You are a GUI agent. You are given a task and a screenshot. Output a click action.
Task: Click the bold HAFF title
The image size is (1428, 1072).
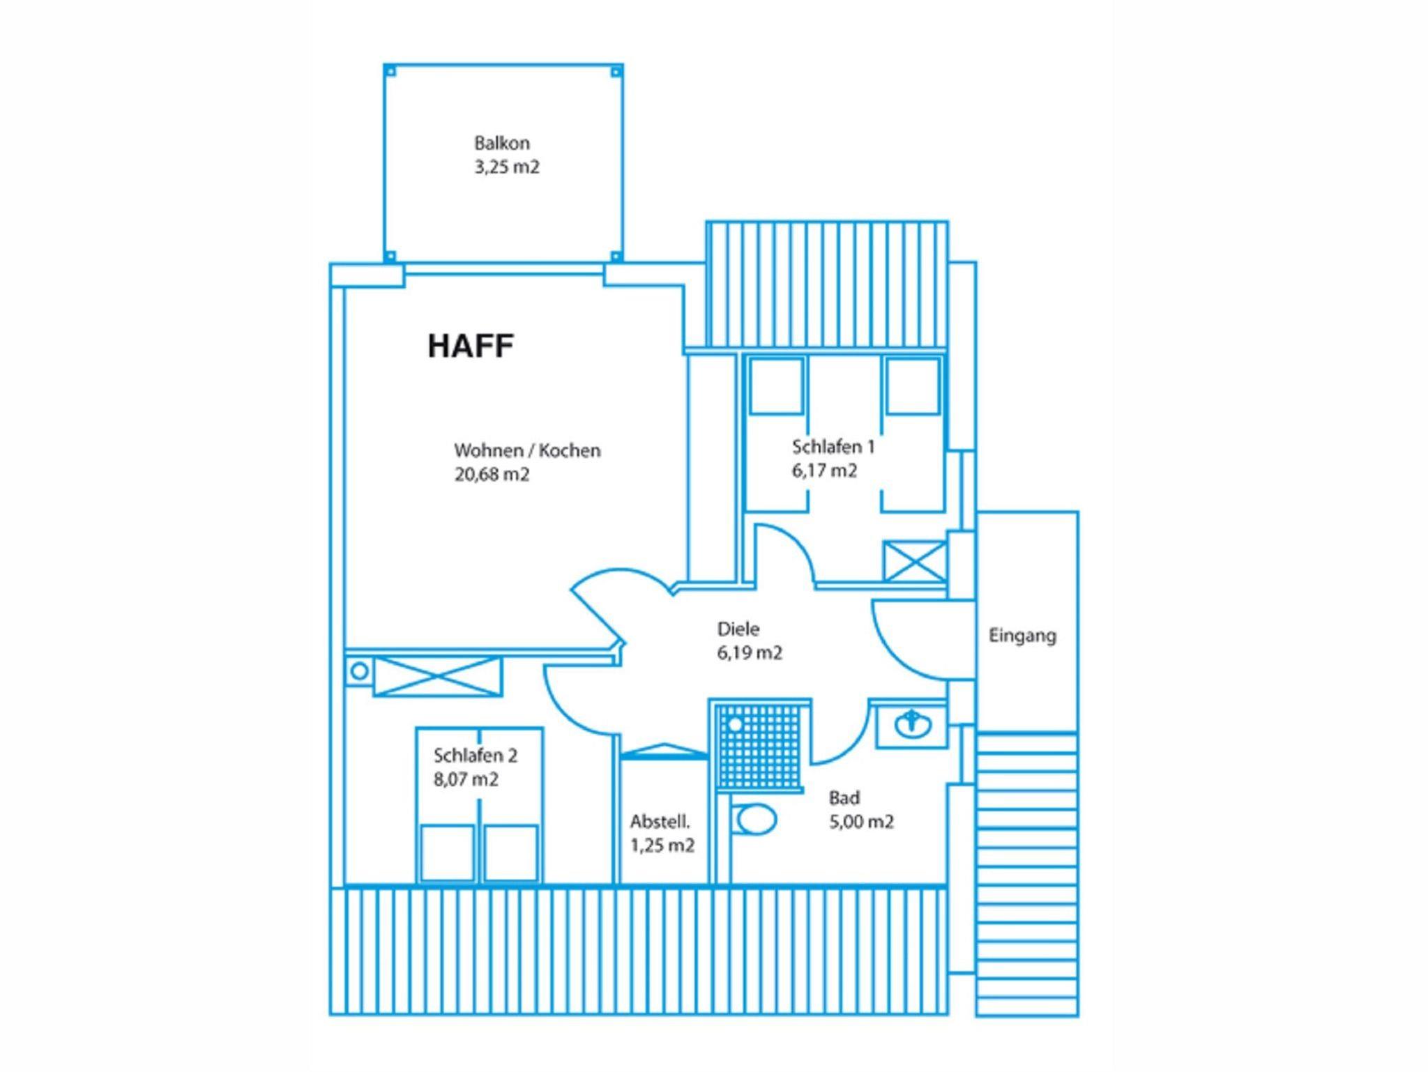click(x=471, y=346)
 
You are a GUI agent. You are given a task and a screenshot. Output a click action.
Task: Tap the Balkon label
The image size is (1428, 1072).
click(x=502, y=143)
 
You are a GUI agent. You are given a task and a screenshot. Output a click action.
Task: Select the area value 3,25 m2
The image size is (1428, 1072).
click(x=507, y=167)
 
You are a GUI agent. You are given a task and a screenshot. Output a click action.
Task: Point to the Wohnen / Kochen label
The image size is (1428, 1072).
click(x=527, y=450)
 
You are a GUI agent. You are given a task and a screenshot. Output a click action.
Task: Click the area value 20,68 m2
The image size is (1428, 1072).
click(x=492, y=475)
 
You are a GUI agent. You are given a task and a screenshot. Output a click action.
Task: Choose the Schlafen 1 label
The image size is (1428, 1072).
click(x=833, y=446)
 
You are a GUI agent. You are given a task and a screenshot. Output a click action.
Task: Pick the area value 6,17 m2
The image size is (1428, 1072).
click(x=824, y=470)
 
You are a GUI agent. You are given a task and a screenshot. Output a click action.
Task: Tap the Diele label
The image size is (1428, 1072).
click(x=738, y=629)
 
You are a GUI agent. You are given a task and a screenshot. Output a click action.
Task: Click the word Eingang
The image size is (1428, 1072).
click(x=1022, y=636)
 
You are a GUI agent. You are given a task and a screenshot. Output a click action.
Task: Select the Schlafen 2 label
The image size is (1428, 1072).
click(x=476, y=756)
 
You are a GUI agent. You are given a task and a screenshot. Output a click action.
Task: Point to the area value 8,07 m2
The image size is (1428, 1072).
click(x=466, y=779)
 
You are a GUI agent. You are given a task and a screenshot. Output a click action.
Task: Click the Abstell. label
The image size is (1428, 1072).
click(x=660, y=822)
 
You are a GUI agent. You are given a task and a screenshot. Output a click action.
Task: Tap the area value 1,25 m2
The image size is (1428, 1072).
click(x=662, y=845)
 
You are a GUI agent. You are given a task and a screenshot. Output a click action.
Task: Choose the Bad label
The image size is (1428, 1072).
click(x=844, y=797)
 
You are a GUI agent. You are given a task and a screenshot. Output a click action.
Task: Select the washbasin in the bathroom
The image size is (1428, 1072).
click(x=912, y=725)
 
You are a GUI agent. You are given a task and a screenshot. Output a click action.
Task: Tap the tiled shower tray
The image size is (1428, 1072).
click(x=759, y=746)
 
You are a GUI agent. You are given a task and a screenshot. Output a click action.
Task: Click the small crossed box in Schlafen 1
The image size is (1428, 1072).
click(x=914, y=561)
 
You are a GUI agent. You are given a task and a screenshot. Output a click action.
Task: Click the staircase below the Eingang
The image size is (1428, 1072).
click(x=1026, y=874)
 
